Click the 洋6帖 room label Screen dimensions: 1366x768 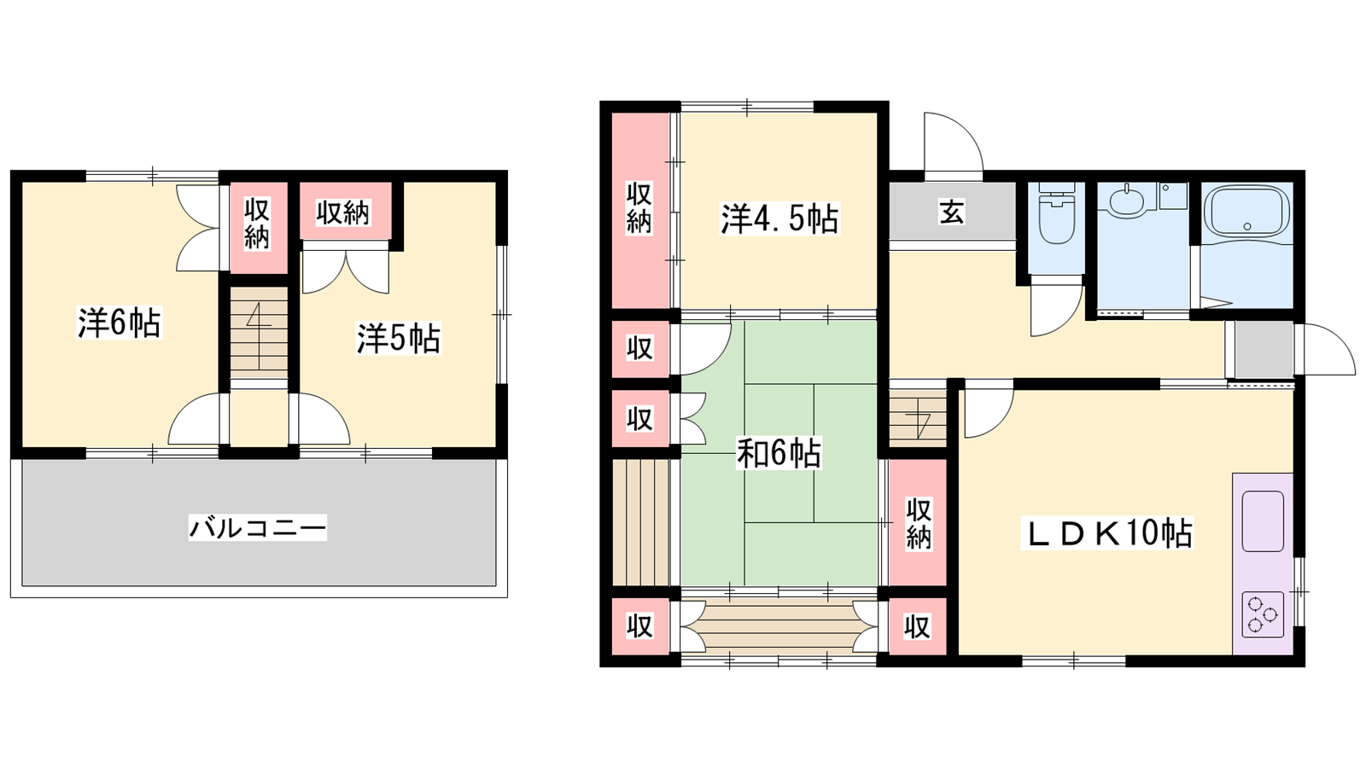pyautogui.click(x=120, y=323)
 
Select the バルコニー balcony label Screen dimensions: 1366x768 pyautogui.click(x=257, y=527)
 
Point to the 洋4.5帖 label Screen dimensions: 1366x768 pyautogui.click(x=780, y=219)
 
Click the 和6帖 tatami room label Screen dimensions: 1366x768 pyautogui.click(x=779, y=453)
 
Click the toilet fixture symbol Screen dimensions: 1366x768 pyautogui.click(x=1056, y=212)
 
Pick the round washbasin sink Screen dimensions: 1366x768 pyautogui.click(x=1126, y=201)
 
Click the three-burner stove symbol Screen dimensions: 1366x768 pyautogui.click(x=1263, y=615)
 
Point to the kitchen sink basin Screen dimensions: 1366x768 pyautogui.click(x=1263, y=521)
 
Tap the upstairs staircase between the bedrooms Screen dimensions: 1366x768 pyautogui.click(x=259, y=333)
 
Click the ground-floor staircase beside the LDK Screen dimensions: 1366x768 pyautogui.click(x=917, y=416)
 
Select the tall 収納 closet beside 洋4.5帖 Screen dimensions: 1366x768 pyautogui.click(x=640, y=210)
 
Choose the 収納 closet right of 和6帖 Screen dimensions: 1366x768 pyautogui.click(x=917, y=523)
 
